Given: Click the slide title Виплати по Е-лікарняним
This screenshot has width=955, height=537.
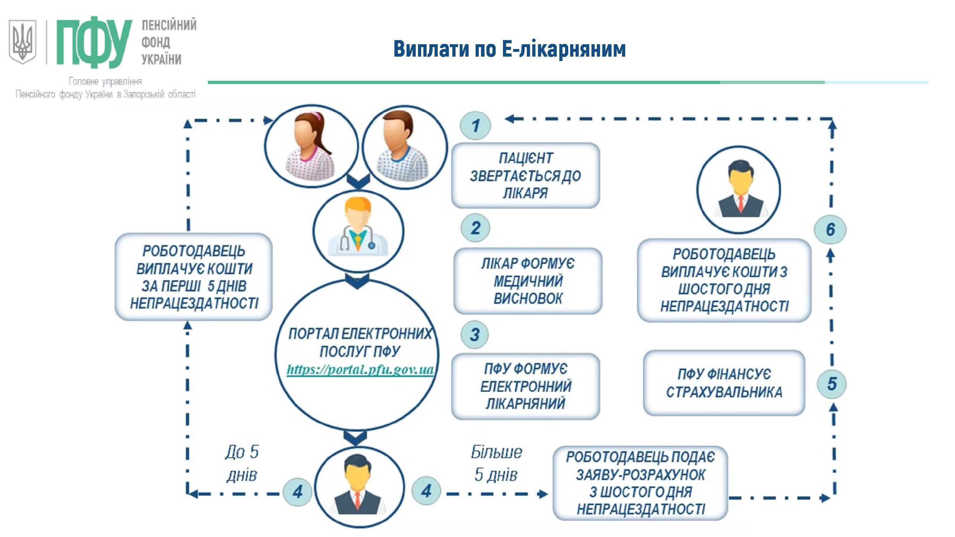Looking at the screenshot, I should point(509,49).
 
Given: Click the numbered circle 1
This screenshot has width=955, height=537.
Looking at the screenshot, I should point(475,125).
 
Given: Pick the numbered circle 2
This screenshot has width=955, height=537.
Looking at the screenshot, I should point(475,227).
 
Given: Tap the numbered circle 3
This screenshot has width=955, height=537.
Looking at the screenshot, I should point(475,335).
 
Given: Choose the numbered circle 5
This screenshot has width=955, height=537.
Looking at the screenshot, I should point(831,384).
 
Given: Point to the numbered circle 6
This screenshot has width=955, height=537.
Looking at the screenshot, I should point(830,229).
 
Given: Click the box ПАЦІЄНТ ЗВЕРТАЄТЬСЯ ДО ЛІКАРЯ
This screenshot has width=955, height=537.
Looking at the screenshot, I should point(525,175).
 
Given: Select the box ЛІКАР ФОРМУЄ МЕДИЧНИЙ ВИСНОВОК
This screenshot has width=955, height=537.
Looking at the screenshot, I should point(527,281).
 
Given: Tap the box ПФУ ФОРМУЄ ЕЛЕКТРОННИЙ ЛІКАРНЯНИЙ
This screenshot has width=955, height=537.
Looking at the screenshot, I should point(525,386).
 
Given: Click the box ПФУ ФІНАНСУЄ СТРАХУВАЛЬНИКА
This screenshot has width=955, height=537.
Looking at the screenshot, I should point(724,383).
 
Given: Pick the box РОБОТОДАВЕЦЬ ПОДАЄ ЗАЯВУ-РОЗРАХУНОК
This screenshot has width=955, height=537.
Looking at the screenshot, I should point(640,483).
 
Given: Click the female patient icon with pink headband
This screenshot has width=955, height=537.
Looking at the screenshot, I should point(311,147).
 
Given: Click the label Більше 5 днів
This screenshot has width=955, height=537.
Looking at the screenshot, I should point(496,463).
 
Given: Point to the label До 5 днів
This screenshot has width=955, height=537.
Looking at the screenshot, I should point(242,463).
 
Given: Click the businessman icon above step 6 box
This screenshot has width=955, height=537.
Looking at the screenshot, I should point(739,190).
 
